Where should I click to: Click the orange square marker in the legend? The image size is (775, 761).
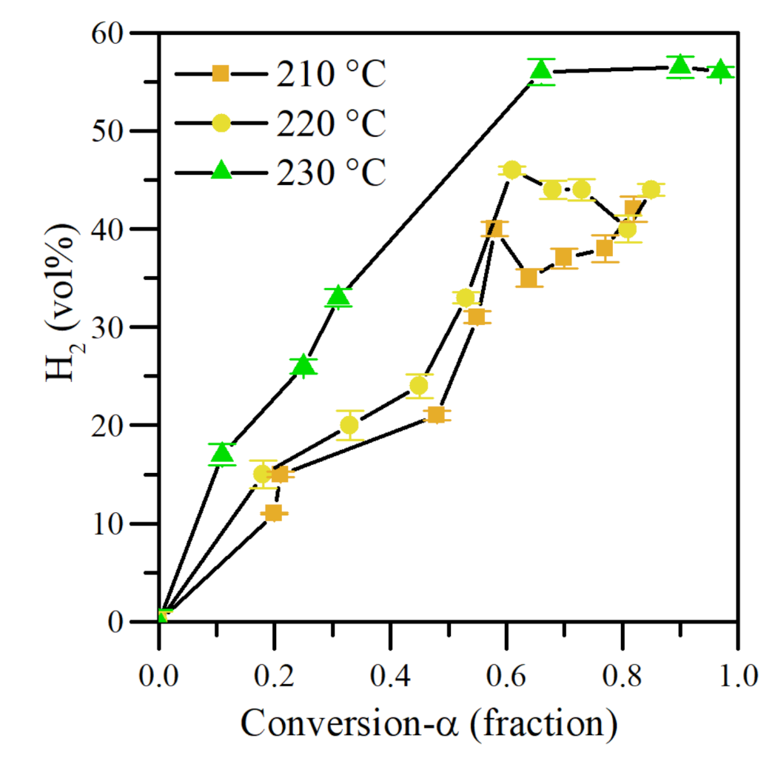220,73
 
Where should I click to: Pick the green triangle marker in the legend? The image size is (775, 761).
220,171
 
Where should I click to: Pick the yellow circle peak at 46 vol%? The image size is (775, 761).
512,170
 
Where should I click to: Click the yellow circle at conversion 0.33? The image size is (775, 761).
349,425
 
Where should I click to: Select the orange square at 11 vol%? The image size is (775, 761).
274,513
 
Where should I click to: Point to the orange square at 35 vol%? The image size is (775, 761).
529,278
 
